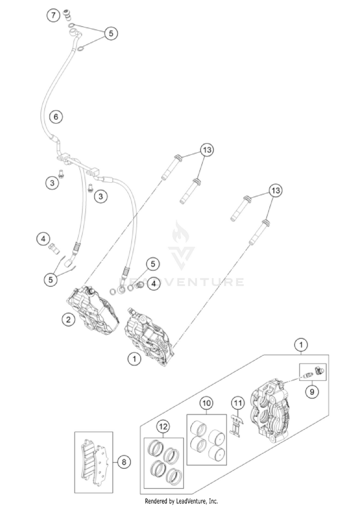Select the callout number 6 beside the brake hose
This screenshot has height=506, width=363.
56,117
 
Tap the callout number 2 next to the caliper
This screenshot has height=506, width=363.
69,319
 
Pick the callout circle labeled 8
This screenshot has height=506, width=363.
123,462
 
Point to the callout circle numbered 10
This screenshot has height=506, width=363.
207,403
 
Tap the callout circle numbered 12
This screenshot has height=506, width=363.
164,427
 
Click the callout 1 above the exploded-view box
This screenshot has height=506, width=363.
301,345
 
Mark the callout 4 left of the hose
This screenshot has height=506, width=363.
44,238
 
